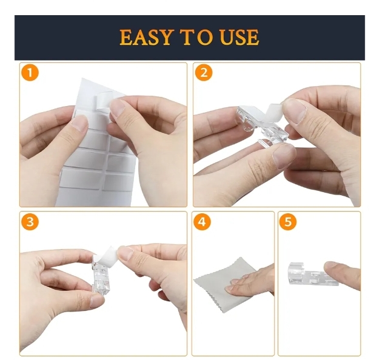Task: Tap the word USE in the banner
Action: tap(239, 37)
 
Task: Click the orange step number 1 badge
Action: tap(30, 73)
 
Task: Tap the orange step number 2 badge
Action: tap(204, 73)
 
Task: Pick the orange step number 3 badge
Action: tap(30, 222)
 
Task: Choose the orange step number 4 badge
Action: tap(202, 222)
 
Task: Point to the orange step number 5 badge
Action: tap(288, 222)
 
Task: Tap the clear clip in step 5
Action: tap(312, 273)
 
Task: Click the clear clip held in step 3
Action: tap(101, 275)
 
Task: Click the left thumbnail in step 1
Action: tap(79, 123)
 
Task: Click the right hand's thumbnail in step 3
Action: tap(126, 253)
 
